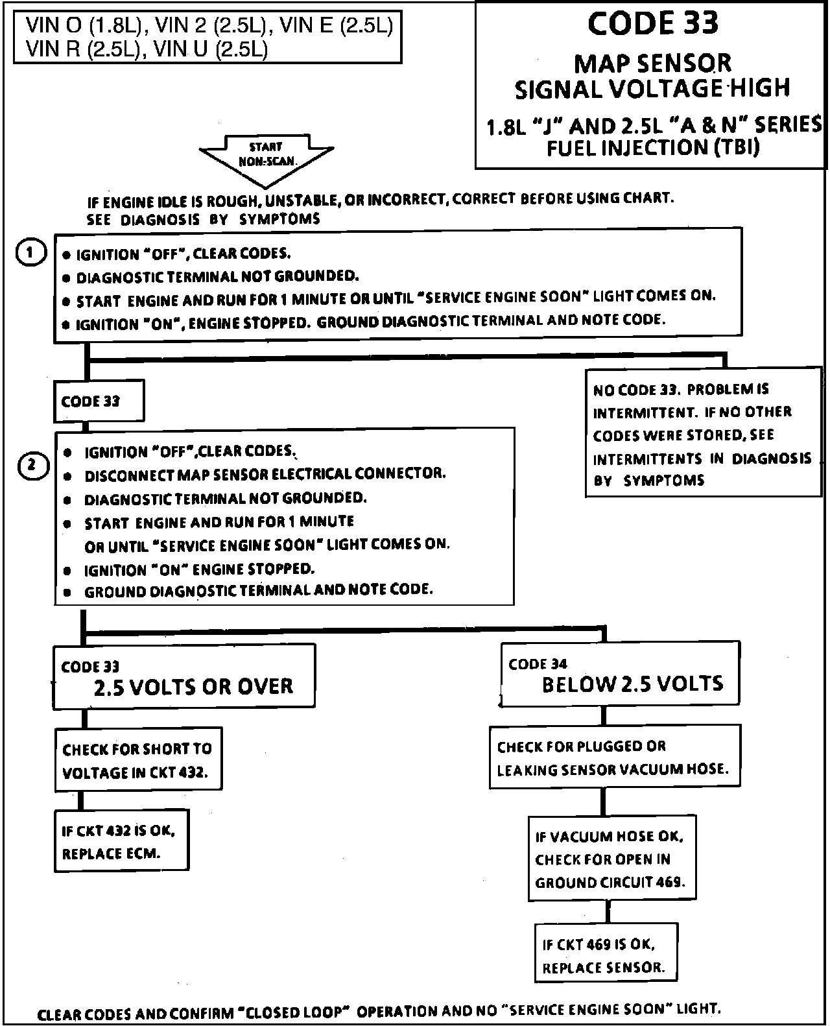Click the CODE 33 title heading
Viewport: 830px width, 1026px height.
click(x=652, y=24)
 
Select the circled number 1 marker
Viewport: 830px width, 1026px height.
click(x=30, y=252)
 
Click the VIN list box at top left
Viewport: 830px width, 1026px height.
click(x=208, y=36)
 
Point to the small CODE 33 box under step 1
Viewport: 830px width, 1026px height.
click(x=99, y=401)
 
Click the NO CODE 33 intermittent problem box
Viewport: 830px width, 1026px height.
click(x=703, y=434)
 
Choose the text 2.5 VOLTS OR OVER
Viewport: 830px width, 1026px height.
click(x=193, y=687)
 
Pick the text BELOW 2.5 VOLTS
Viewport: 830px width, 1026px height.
click(x=632, y=684)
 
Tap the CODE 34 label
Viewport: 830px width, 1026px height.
click(x=538, y=664)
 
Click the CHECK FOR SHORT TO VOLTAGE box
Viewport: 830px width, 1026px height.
click(x=138, y=760)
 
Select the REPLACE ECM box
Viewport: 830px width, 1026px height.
click(x=121, y=841)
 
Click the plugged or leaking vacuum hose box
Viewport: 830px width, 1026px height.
click(x=613, y=758)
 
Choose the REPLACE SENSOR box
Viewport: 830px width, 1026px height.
click(x=604, y=955)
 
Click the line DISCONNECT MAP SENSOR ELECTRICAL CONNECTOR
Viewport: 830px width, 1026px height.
click(x=265, y=474)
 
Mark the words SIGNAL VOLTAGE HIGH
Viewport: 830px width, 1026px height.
click(x=652, y=89)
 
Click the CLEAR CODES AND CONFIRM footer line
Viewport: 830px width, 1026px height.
click(x=379, y=1011)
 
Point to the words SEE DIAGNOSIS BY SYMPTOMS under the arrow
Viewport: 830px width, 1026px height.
click(x=204, y=219)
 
